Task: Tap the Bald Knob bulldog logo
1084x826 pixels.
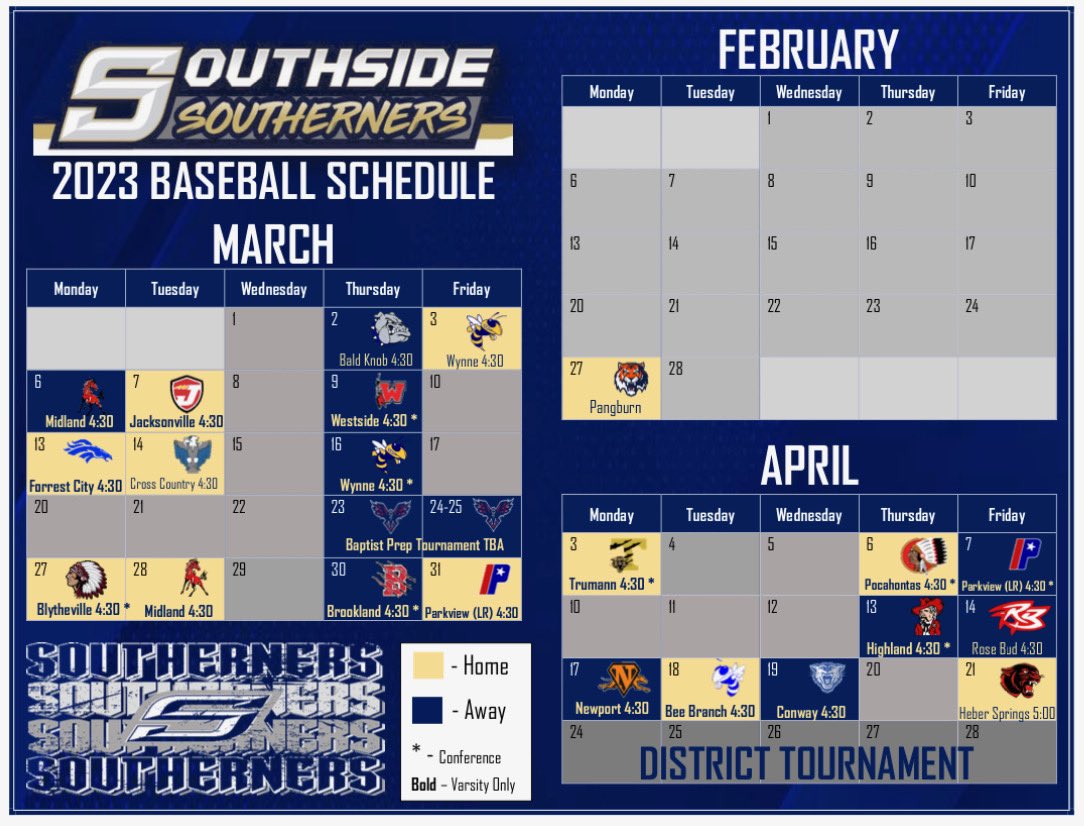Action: pos(392,328)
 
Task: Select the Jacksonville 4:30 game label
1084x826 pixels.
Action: pos(176,422)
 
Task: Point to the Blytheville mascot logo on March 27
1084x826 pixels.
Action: pos(85,579)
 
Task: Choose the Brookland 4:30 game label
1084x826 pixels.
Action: pos(373,611)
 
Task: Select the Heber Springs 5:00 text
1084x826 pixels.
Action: pos(1006,713)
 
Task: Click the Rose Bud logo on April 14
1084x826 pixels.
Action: pos(1018,617)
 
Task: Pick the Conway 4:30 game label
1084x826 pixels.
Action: pos(810,713)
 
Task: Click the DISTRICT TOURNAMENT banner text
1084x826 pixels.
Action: pos(806,763)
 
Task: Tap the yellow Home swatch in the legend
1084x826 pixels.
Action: pos(427,666)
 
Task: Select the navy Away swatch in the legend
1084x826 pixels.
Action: pos(427,710)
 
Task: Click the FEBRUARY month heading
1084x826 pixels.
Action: pos(808,50)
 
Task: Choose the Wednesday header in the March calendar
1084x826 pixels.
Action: pos(274,289)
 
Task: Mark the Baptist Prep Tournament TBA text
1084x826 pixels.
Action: pos(425,545)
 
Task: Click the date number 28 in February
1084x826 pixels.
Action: pos(675,369)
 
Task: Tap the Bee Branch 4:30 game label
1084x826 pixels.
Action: pos(710,712)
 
